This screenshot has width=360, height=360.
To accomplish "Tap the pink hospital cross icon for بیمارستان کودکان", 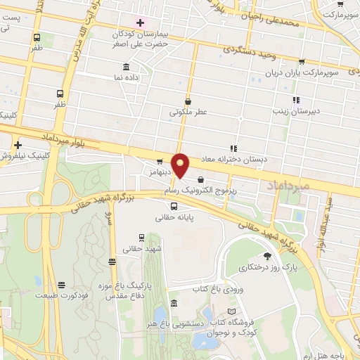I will click(x=140, y=22).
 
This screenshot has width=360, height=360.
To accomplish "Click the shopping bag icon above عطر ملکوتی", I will click(x=188, y=101).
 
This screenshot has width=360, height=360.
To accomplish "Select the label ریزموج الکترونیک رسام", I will click(x=200, y=191).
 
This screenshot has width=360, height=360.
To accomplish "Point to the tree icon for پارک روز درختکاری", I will click(x=267, y=256).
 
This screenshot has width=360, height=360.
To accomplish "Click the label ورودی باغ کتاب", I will click(x=211, y=288).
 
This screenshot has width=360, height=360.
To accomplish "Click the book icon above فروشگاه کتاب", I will click(x=242, y=311).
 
